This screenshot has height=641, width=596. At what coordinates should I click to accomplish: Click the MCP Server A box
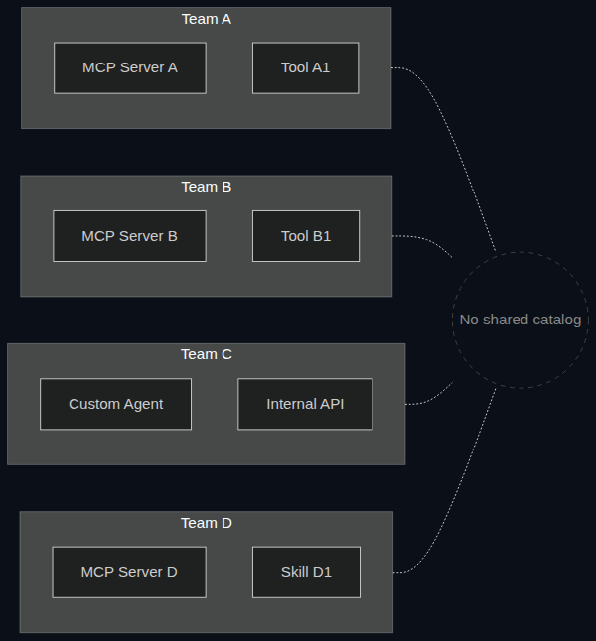pos(130,67)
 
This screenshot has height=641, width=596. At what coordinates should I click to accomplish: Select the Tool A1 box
pos(305,67)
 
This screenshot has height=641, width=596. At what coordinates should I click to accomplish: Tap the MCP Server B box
pos(129,236)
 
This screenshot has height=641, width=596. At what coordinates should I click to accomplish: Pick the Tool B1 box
pos(306,236)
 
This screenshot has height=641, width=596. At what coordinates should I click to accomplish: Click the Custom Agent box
pos(115,404)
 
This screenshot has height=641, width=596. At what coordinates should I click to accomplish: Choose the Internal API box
pos(305,404)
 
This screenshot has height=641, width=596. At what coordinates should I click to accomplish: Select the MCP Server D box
pos(129,572)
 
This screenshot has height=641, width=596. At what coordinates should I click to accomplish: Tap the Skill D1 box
pos(306,572)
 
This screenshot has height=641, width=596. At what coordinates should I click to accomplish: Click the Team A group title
pos(207,19)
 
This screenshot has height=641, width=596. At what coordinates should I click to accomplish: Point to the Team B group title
pos(207,187)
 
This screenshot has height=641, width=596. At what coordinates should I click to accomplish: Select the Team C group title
pos(207,354)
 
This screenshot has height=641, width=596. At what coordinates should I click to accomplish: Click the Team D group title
pos(207,523)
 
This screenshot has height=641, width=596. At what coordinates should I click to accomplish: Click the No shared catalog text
pos(521,320)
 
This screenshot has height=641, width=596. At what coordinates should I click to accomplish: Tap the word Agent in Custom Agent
pos(143,404)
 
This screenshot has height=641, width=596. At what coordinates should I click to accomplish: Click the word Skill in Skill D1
pos(294,572)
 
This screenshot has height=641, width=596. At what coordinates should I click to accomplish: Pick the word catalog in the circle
pos(557,320)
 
